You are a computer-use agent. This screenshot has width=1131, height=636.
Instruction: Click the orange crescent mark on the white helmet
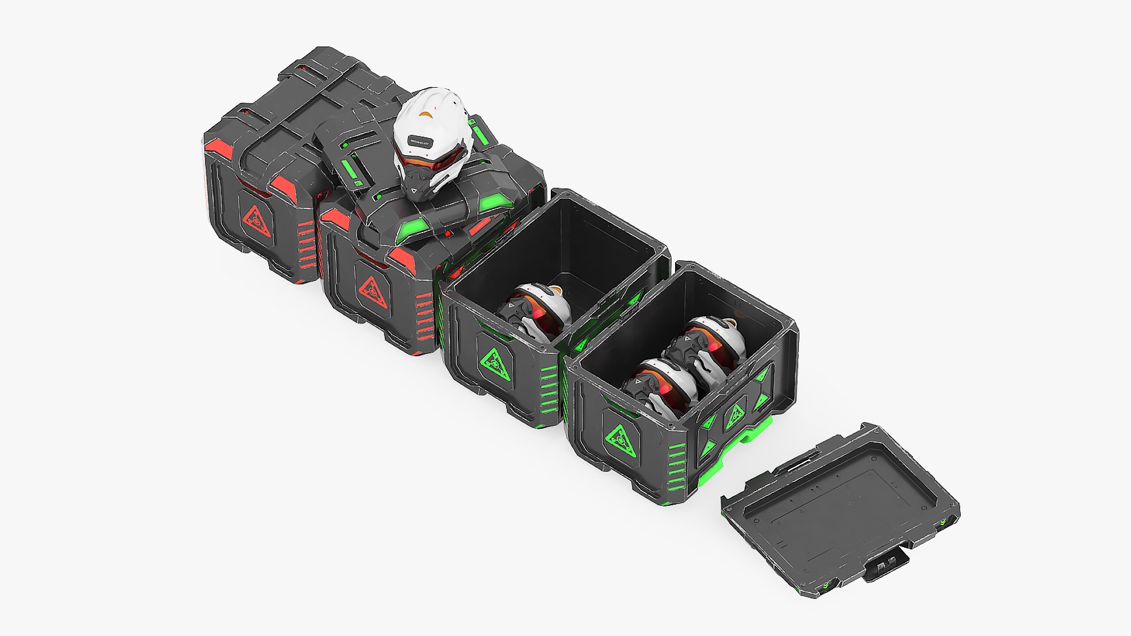tap(426, 114)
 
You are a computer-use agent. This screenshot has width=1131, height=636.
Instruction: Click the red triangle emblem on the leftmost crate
tap(257, 222)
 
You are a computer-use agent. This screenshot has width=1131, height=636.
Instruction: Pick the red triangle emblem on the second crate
tap(372, 290)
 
